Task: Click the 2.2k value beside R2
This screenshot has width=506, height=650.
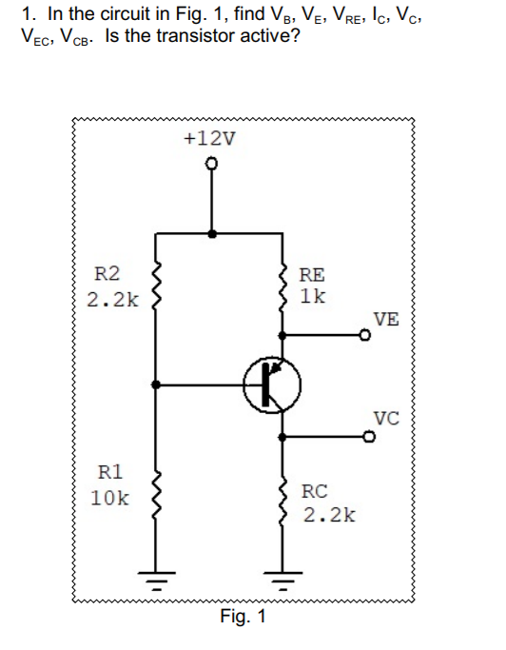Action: pyautogui.click(x=111, y=300)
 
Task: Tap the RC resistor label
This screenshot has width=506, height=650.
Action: pyautogui.click(x=314, y=492)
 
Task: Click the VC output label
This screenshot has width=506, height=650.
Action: pyautogui.click(x=385, y=417)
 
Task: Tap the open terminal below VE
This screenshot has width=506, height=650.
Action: pyautogui.click(x=365, y=336)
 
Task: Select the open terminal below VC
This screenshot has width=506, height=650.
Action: pyautogui.click(x=365, y=436)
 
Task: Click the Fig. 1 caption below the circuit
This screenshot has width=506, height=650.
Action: pyautogui.click(x=243, y=616)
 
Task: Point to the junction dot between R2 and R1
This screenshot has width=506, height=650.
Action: pyautogui.click(x=156, y=384)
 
